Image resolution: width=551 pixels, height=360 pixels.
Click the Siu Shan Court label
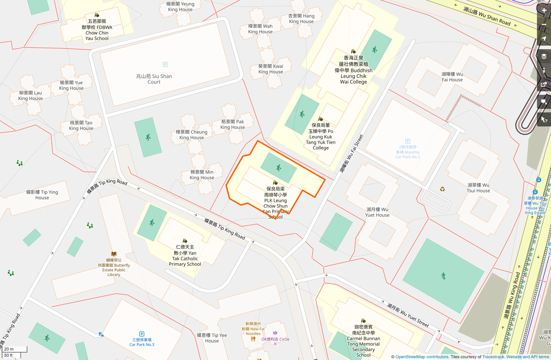154,79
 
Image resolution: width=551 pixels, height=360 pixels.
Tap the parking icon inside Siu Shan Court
165,64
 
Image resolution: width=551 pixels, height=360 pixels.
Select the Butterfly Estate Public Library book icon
114,254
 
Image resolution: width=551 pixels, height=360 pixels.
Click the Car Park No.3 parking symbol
142,334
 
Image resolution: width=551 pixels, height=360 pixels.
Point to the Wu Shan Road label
487,16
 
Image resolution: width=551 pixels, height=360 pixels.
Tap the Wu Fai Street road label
351,153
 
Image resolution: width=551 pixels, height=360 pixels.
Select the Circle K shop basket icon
275,333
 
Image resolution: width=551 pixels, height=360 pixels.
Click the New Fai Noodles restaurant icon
253,339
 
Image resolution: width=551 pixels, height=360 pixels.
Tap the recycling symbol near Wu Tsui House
442,189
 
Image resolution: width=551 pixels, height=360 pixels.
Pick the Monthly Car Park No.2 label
408,152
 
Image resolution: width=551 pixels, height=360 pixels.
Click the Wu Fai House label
452,77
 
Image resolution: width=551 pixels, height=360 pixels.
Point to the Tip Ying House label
42,195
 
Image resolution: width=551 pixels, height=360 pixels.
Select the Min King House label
202,175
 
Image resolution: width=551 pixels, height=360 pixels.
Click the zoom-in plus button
544,11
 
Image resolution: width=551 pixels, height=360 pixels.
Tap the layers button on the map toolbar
544,56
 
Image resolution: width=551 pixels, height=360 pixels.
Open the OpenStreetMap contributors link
422,357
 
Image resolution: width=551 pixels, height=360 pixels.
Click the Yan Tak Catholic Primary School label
185,256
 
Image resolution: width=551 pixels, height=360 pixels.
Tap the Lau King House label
30,95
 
